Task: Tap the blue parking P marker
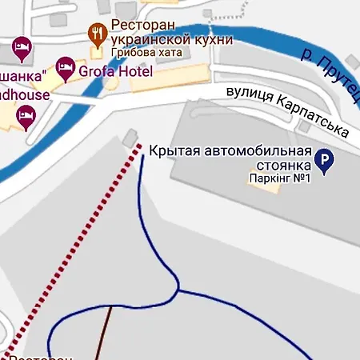pyautogui.click(x=324, y=162)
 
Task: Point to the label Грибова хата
pyautogui.click(x=146, y=53)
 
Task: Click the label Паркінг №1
pyautogui.click(x=278, y=178)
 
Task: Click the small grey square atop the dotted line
pyautogui.click(x=130, y=140)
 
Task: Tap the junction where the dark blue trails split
pyautogui.click(x=177, y=289)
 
